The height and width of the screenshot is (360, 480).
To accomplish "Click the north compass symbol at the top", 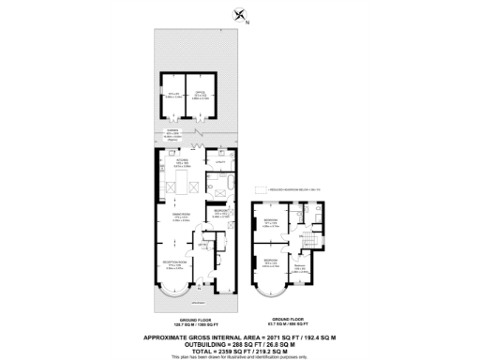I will [x=241, y=14].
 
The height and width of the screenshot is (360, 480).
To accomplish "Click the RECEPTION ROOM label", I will [x=175, y=263].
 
